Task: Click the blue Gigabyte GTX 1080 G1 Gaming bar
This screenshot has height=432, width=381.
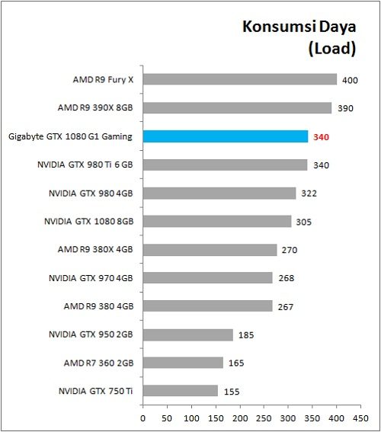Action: [226, 136]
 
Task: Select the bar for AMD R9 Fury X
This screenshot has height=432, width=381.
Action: [239, 79]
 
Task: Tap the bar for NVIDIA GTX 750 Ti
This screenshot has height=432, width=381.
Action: [180, 391]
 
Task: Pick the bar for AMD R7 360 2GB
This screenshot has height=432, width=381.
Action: [183, 363]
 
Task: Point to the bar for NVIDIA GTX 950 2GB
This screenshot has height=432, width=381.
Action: [187, 334]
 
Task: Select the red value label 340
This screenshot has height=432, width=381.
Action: [321, 137]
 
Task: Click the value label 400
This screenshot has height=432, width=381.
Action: [350, 80]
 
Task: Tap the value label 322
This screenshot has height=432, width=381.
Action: [309, 194]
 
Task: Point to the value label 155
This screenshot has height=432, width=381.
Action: [231, 392]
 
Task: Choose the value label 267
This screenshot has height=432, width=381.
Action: [285, 306]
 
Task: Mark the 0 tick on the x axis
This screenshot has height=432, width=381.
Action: [142, 418]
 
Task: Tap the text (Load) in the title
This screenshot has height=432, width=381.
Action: [332, 50]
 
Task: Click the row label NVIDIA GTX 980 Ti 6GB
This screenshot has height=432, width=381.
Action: [85, 165]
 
